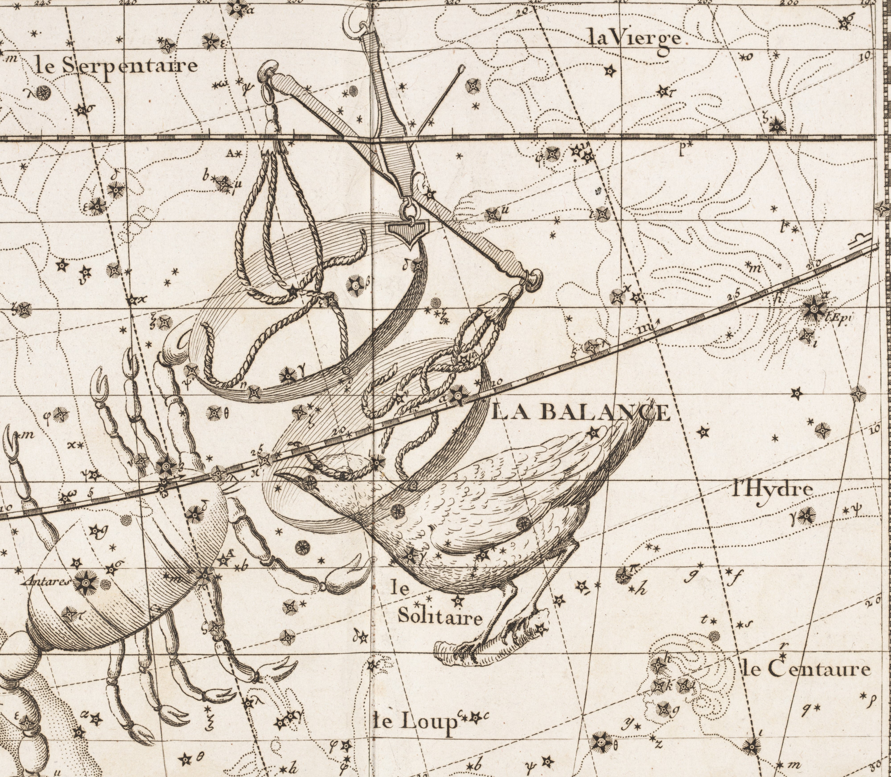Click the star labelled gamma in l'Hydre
(x=807, y=515)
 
